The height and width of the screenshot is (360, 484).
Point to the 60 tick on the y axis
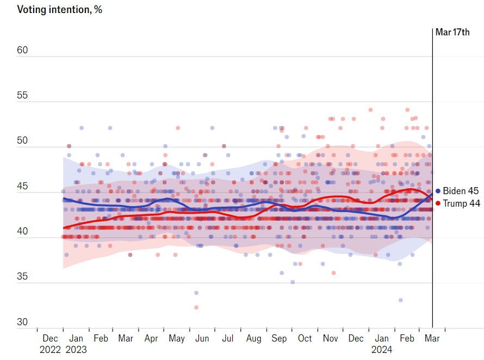point(22,51)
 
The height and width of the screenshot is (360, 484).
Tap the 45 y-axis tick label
point(22,187)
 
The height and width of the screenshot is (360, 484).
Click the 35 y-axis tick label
point(22,277)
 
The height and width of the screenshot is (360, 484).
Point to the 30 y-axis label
point(22,322)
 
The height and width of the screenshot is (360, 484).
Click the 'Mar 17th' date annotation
point(452,32)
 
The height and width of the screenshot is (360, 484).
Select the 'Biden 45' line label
point(461,191)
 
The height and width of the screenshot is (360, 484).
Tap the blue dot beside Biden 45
point(438,191)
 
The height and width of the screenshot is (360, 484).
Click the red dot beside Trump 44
point(438,203)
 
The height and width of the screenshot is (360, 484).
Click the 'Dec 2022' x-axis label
point(50,344)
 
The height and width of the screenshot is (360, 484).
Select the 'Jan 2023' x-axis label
point(76,344)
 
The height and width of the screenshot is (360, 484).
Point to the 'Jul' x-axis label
point(227,338)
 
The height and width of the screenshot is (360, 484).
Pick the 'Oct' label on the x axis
point(305,338)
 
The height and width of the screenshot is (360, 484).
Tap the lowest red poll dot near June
point(196,307)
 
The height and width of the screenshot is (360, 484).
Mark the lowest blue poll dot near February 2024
point(401,300)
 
